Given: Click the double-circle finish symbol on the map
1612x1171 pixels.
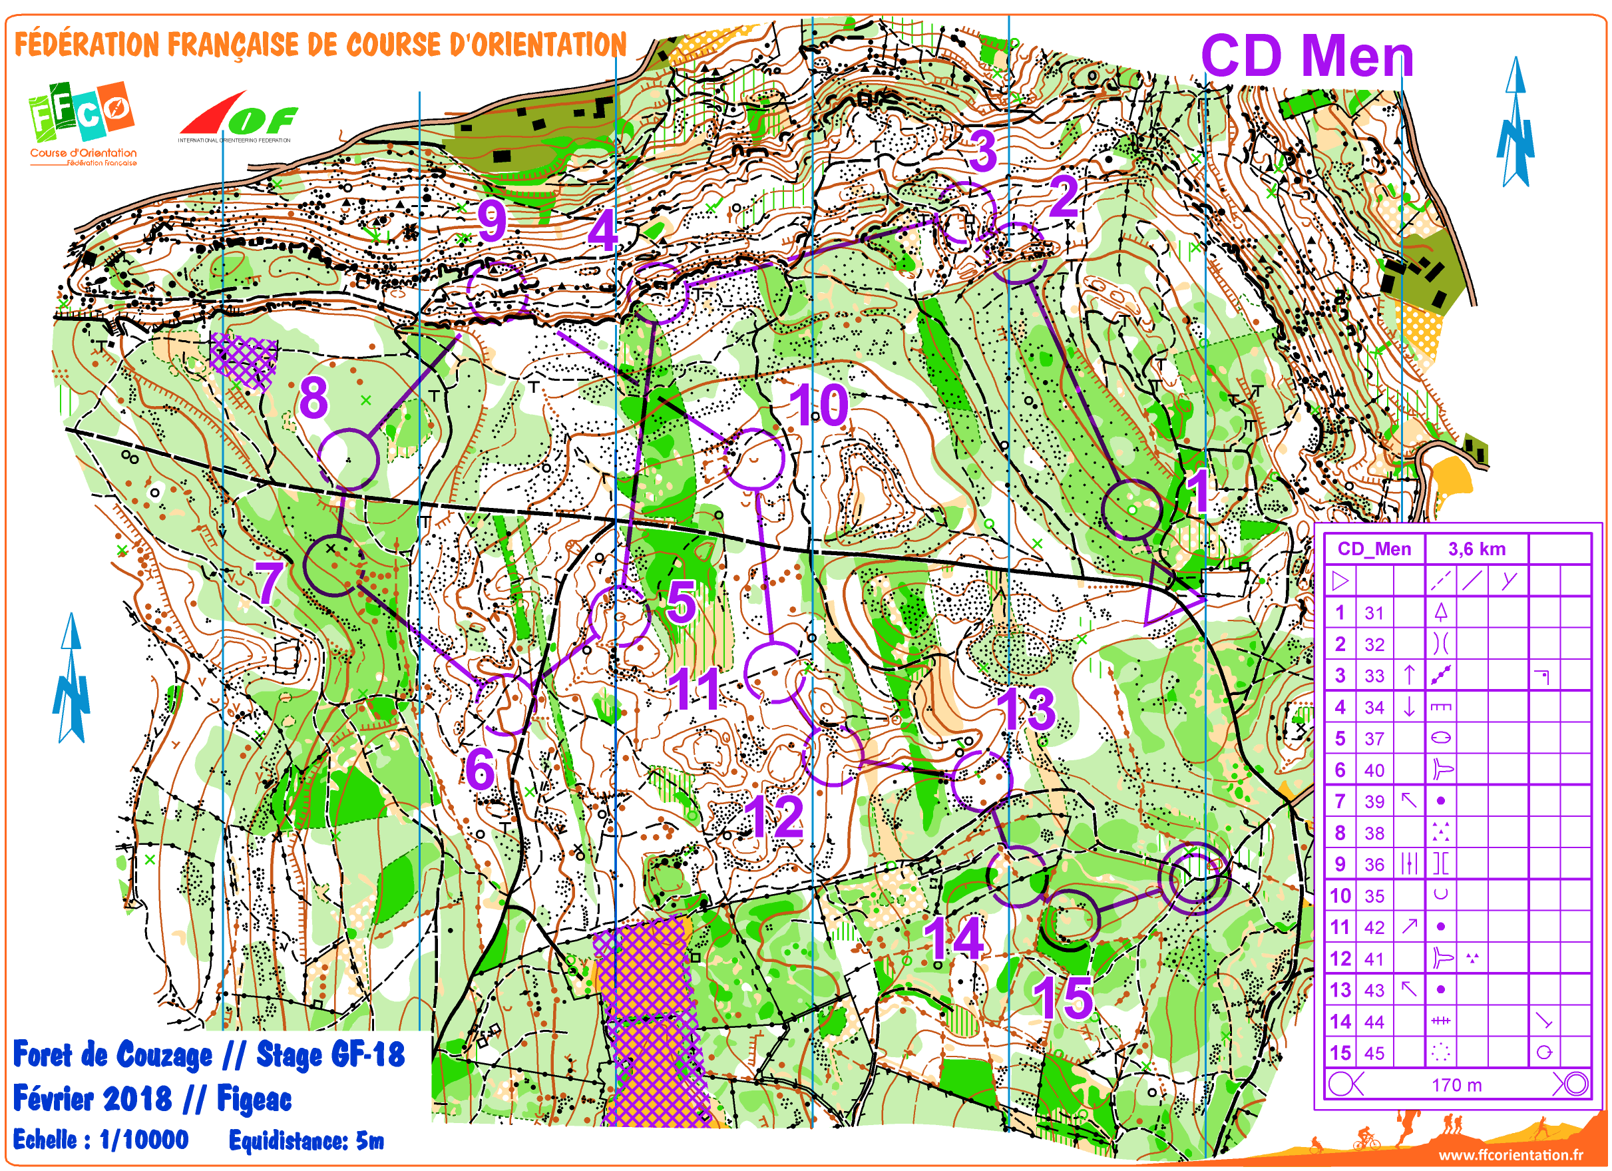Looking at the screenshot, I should [1193, 878].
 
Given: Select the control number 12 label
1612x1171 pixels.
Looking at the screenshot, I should [777, 818].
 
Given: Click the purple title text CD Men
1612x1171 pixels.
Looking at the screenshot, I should [1307, 57].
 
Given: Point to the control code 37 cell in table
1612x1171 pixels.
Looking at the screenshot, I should [1374, 739].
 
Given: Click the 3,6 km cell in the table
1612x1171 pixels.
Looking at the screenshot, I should [1476, 549].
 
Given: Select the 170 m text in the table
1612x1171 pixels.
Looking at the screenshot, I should [1456, 1085].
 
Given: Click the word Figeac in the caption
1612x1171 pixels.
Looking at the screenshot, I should [254, 1098].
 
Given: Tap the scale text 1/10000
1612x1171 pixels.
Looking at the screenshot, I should [144, 1140].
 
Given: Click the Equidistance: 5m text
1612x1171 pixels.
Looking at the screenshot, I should [306, 1140].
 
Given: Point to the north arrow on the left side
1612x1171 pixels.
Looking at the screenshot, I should [71, 679].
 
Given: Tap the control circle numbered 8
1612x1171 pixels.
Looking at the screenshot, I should [348, 459].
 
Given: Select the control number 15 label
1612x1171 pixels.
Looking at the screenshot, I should [1063, 998].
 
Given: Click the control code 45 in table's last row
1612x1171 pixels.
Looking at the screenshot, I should [1374, 1053].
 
